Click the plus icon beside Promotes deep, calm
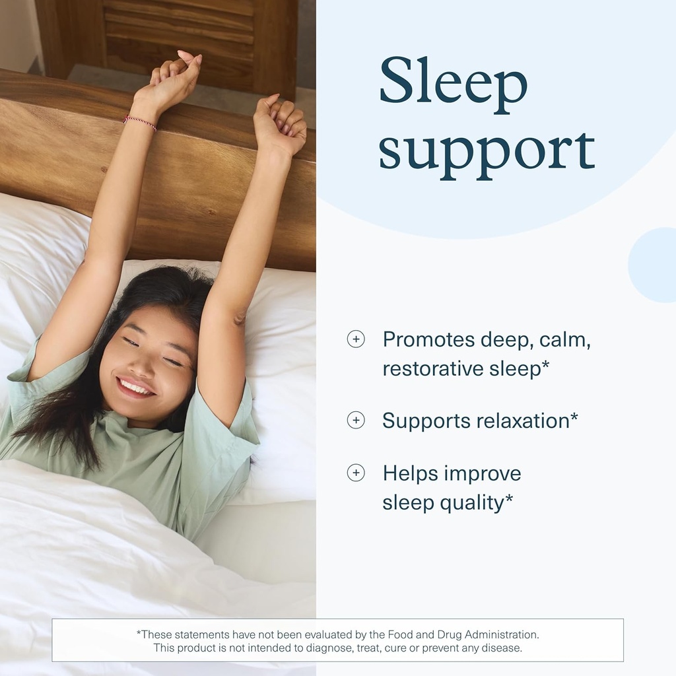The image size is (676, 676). [x=356, y=339]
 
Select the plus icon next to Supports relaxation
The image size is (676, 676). [x=356, y=421]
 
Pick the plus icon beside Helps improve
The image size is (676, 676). [x=356, y=473]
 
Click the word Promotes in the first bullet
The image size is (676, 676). [x=428, y=339]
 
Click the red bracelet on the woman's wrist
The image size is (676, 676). [x=139, y=122]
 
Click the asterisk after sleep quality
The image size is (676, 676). [x=510, y=499]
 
